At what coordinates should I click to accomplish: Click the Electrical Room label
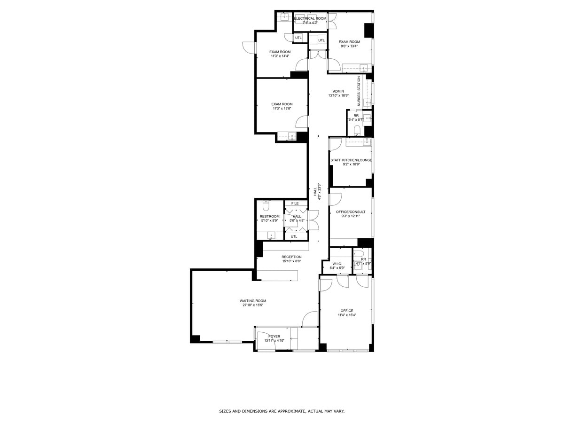310,18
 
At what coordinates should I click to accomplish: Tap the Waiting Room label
253,301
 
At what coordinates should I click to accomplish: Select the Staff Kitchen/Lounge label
351,160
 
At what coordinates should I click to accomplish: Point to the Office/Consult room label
351,212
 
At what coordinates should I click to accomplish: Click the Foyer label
274,337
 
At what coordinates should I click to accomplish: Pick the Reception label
291,257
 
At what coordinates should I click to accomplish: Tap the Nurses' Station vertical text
359,91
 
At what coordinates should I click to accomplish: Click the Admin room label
338,91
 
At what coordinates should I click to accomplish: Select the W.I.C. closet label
337,264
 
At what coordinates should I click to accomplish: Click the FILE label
295,204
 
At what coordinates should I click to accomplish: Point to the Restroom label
269,217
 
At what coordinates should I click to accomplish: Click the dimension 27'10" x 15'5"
253,305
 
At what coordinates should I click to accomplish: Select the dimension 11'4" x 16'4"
347,315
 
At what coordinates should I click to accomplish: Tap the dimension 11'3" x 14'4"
280,56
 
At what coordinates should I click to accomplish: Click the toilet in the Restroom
266,205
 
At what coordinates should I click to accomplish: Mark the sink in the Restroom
271,235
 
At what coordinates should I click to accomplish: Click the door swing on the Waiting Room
310,320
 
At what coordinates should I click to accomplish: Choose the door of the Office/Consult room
335,199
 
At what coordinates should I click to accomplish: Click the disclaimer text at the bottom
282,411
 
